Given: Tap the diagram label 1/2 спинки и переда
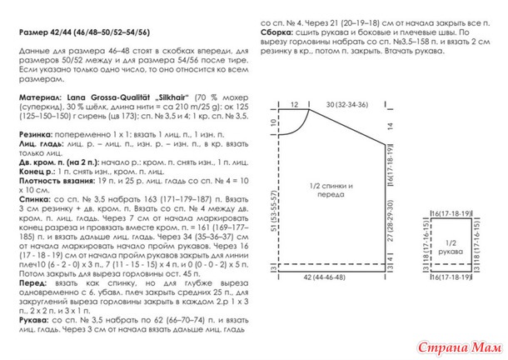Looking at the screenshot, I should point(331,191).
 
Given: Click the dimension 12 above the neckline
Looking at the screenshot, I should point(293,104).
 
